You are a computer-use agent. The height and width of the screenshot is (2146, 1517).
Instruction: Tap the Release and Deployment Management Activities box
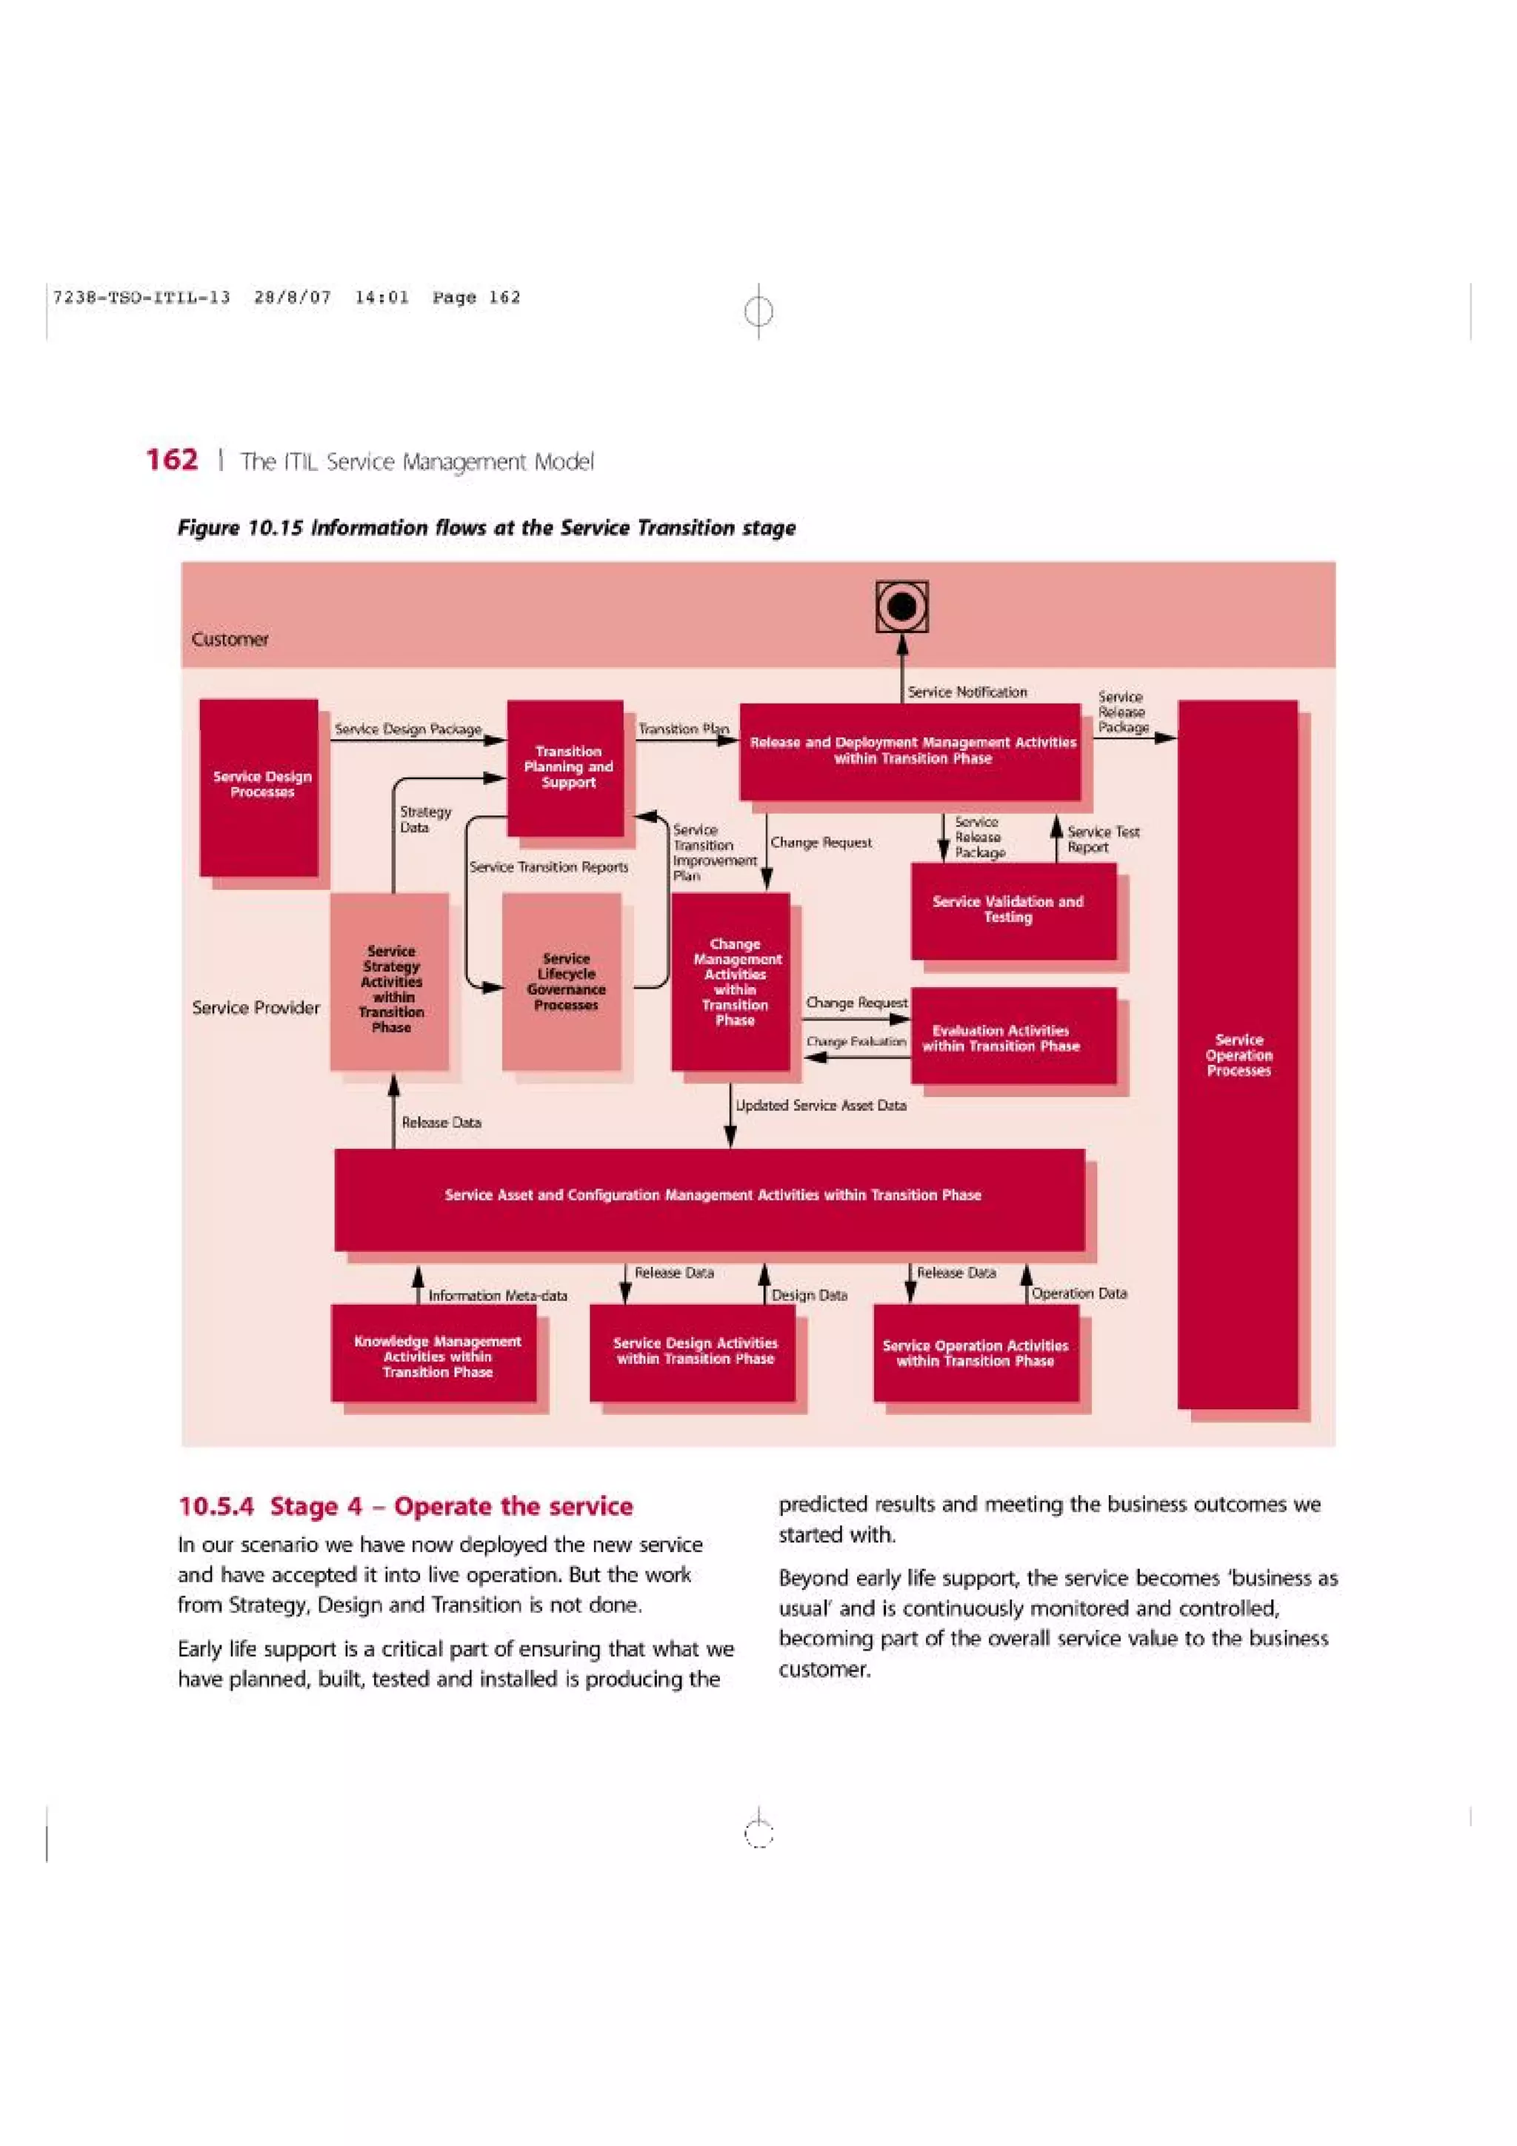coord(910,751)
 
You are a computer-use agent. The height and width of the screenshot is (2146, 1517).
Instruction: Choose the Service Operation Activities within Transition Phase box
coord(976,1354)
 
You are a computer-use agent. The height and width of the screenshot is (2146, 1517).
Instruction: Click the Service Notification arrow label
coord(967,692)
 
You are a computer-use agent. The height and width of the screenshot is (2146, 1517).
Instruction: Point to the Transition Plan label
coord(683,728)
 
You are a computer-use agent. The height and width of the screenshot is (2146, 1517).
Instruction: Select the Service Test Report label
coord(1102,839)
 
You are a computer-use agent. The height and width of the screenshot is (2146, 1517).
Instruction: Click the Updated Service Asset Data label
coord(821,1105)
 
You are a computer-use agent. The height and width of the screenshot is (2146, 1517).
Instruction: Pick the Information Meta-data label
coord(497,1295)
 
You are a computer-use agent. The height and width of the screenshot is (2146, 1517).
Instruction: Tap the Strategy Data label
coord(425,820)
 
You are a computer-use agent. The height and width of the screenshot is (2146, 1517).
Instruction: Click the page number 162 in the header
coord(172,460)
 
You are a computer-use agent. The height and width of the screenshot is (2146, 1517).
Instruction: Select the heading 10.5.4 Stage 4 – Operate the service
coord(406,1505)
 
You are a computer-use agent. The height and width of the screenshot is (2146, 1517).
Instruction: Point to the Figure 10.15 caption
coord(486,528)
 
